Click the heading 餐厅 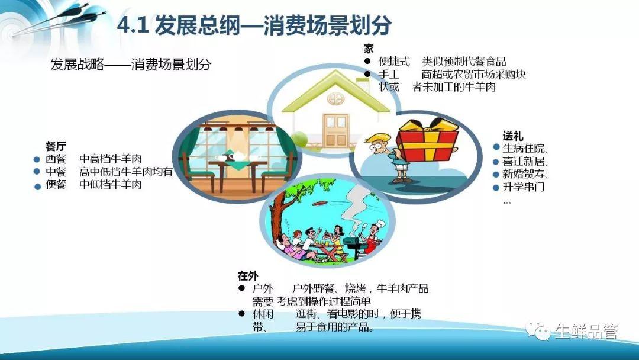click(56, 146)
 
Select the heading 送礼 click(512, 136)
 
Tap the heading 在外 click(248, 276)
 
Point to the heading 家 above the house click(369, 49)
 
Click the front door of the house click(336, 130)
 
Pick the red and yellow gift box click(427, 140)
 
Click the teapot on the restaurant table click(235, 155)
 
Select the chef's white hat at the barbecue click(380, 223)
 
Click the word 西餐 click(56, 159)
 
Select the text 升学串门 click(523, 187)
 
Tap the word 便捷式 click(393, 62)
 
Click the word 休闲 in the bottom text click(263, 314)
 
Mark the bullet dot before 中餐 click(37, 172)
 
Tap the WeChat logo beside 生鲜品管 click(538, 331)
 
